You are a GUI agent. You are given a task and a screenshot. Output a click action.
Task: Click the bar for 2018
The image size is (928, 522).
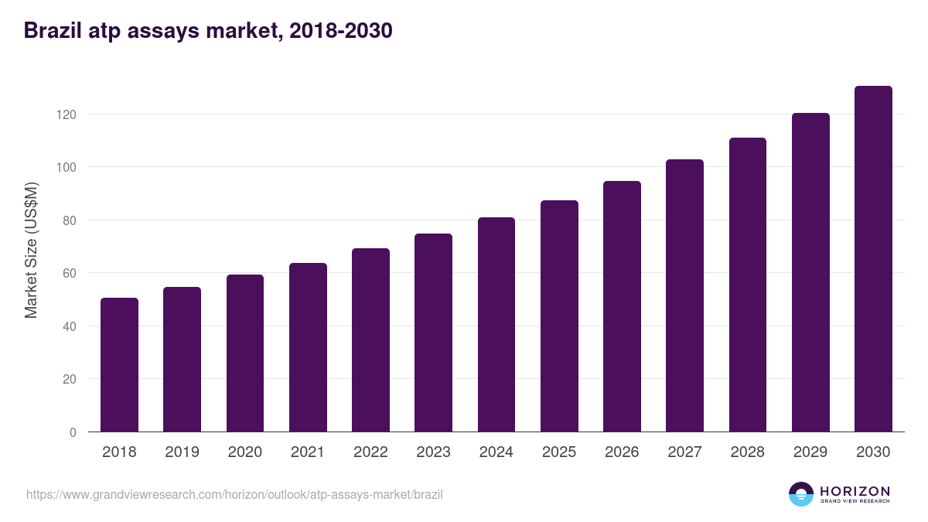click(119, 364)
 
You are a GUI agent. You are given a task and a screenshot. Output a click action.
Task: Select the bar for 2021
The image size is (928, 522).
click(308, 347)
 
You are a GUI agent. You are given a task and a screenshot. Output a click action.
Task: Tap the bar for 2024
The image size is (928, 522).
click(496, 325)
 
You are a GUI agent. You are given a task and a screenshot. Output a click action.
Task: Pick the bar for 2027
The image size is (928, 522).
click(684, 295)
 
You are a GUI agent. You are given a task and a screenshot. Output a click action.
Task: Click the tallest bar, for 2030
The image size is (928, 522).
click(873, 259)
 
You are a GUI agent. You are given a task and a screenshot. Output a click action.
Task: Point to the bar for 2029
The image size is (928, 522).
click(810, 272)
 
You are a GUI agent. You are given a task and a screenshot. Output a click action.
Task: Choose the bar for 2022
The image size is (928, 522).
click(370, 340)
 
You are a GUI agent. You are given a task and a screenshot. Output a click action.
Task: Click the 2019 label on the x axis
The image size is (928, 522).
click(182, 452)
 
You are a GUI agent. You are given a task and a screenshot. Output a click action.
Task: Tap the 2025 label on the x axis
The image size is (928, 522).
click(559, 452)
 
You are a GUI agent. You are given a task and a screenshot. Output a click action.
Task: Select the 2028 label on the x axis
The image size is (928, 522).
click(748, 452)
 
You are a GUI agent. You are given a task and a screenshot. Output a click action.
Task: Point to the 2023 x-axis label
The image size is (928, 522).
click(433, 452)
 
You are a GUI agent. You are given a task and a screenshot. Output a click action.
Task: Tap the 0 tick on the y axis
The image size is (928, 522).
click(73, 432)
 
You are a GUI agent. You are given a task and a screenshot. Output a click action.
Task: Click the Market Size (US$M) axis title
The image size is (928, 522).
click(31, 249)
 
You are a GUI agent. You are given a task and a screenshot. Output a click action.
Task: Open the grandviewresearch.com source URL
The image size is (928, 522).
click(234, 494)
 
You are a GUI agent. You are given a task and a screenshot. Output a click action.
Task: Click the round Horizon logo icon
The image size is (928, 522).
click(801, 494)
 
